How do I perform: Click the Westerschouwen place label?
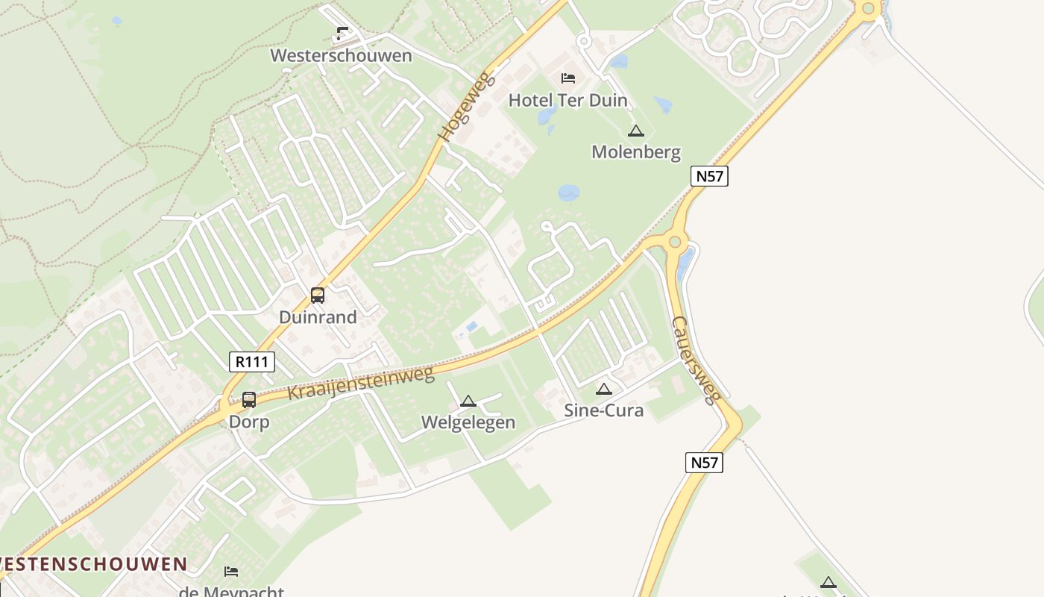[341, 56]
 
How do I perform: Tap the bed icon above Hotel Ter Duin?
[568, 78]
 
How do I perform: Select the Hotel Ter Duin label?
[567, 100]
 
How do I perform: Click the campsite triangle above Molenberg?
[635, 131]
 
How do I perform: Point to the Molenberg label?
[635, 152]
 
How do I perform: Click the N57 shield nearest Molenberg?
[708, 176]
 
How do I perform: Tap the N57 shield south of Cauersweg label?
[703, 463]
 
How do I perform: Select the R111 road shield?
[252, 363]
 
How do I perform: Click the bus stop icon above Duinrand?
[318, 295]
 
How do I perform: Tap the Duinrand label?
[318, 317]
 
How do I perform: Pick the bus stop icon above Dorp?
[249, 400]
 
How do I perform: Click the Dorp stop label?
[249, 422]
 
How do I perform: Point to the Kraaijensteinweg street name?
[360, 383]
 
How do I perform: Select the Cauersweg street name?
[696, 360]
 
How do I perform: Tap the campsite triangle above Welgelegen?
[468, 401]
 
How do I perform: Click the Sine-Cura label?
[603, 410]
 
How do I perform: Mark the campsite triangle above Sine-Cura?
[604, 389]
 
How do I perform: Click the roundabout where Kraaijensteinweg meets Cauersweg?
[676, 241]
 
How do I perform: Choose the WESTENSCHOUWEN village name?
[92, 564]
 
